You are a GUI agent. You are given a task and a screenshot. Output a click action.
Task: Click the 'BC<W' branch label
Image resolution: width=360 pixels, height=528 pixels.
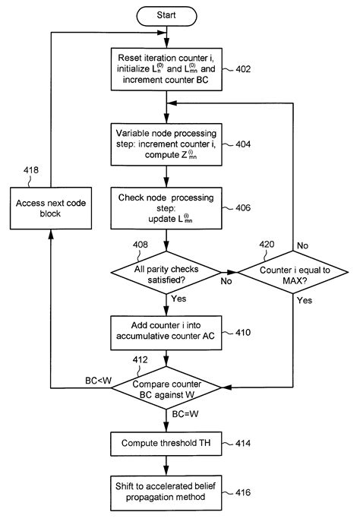(x=98, y=379)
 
